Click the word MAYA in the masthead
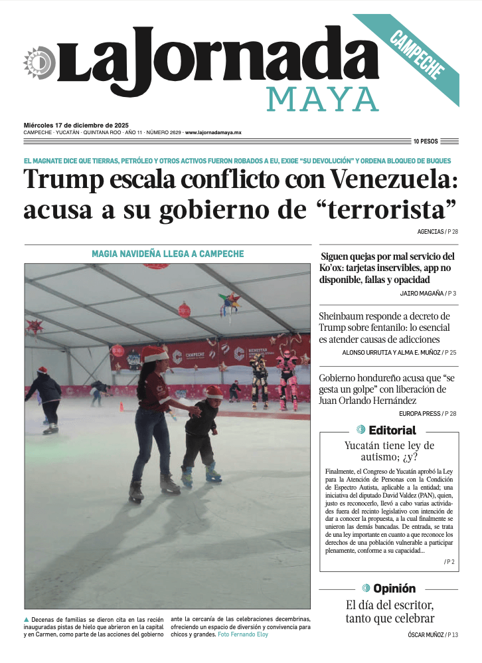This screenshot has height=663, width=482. click(x=323, y=100)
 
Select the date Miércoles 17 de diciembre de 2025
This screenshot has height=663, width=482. click(x=76, y=125)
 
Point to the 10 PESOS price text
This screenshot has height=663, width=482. click(x=426, y=142)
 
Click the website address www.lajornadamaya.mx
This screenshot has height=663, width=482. click(x=213, y=133)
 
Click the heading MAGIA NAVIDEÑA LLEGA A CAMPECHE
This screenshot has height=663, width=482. click(x=167, y=254)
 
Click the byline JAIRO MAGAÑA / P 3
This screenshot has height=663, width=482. click(x=428, y=293)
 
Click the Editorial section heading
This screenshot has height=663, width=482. click(x=392, y=430)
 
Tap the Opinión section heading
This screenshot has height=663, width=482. click(x=394, y=589)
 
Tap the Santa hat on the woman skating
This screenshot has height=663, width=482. click(x=154, y=354)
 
